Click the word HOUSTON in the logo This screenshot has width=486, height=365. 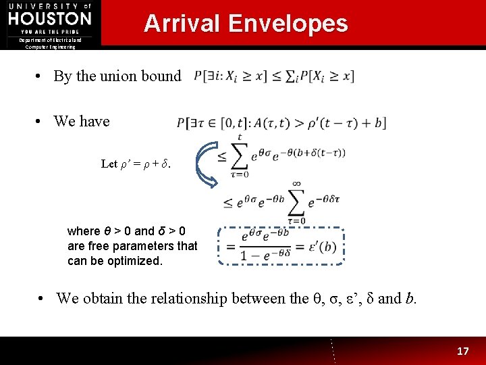50,18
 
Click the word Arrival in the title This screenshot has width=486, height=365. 182,24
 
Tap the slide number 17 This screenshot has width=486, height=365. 462,351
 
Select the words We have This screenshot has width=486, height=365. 82,122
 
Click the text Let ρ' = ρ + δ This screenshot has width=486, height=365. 135,164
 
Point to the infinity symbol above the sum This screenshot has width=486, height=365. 297,184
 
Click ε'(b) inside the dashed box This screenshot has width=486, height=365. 321,247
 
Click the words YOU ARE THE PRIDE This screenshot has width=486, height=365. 50,32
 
